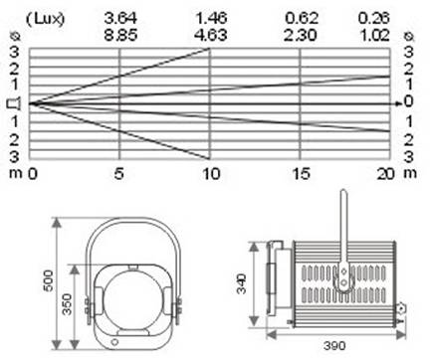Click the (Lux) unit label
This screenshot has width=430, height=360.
pyautogui.click(x=45, y=19)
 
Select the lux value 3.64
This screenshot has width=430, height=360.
pyautogui.click(x=120, y=18)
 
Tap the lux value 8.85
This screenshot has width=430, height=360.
pyautogui.click(x=120, y=35)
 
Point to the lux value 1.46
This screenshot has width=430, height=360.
pyautogui.click(x=211, y=18)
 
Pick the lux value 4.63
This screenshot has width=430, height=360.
pyautogui.click(x=211, y=35)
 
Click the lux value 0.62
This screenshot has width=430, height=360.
pyautogui.click(x=302, y=18)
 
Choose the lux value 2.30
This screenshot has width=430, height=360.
pyautogui.click(x=301, y=35)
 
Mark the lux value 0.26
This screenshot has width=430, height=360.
pyautogui.click(x=374, y=18)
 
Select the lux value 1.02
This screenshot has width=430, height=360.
pyautogui.click(x=374, y=35)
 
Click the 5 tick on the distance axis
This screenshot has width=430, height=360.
pyautogui.click(x=118, y=174)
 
